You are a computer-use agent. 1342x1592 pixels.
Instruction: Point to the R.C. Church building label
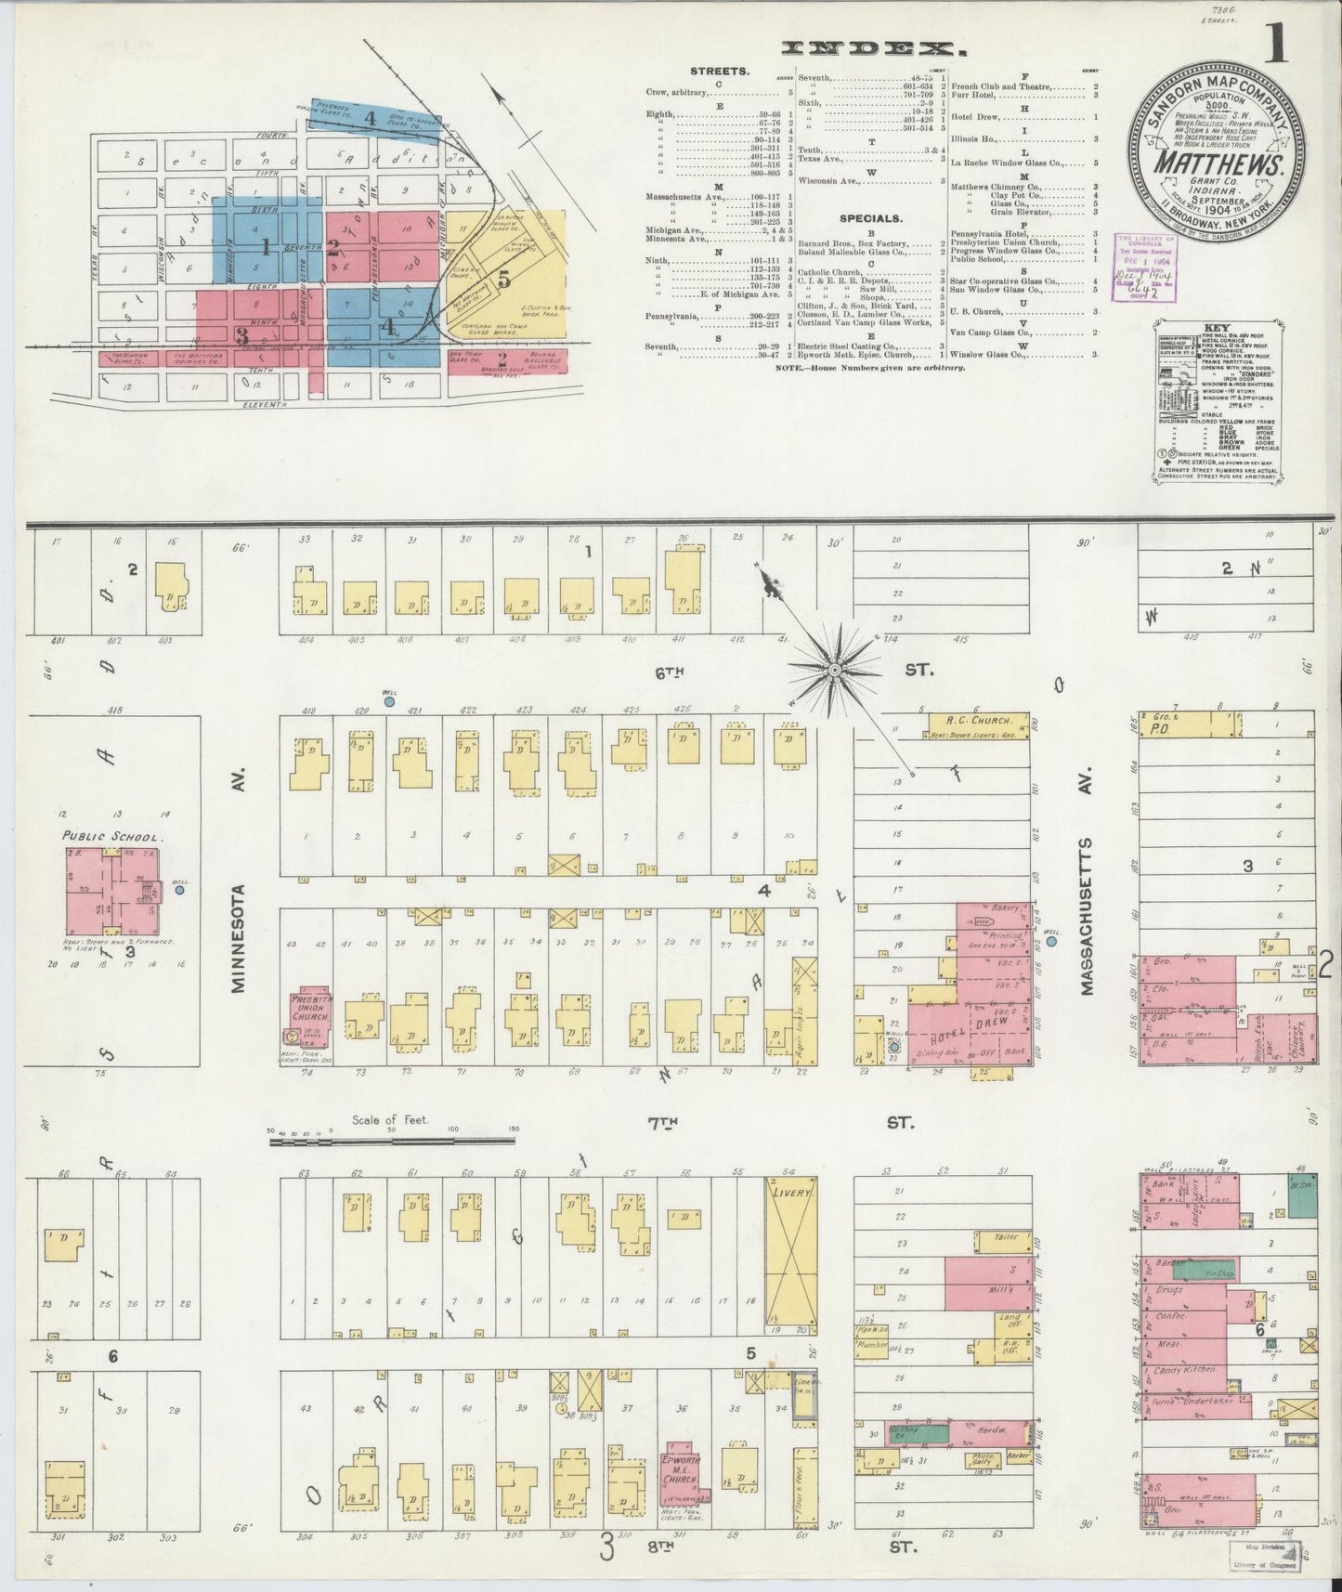click(966, 719)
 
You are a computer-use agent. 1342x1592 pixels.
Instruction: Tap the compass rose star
click(838, 665)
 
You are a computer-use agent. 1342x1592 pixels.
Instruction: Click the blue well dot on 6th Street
click(389, 702)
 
